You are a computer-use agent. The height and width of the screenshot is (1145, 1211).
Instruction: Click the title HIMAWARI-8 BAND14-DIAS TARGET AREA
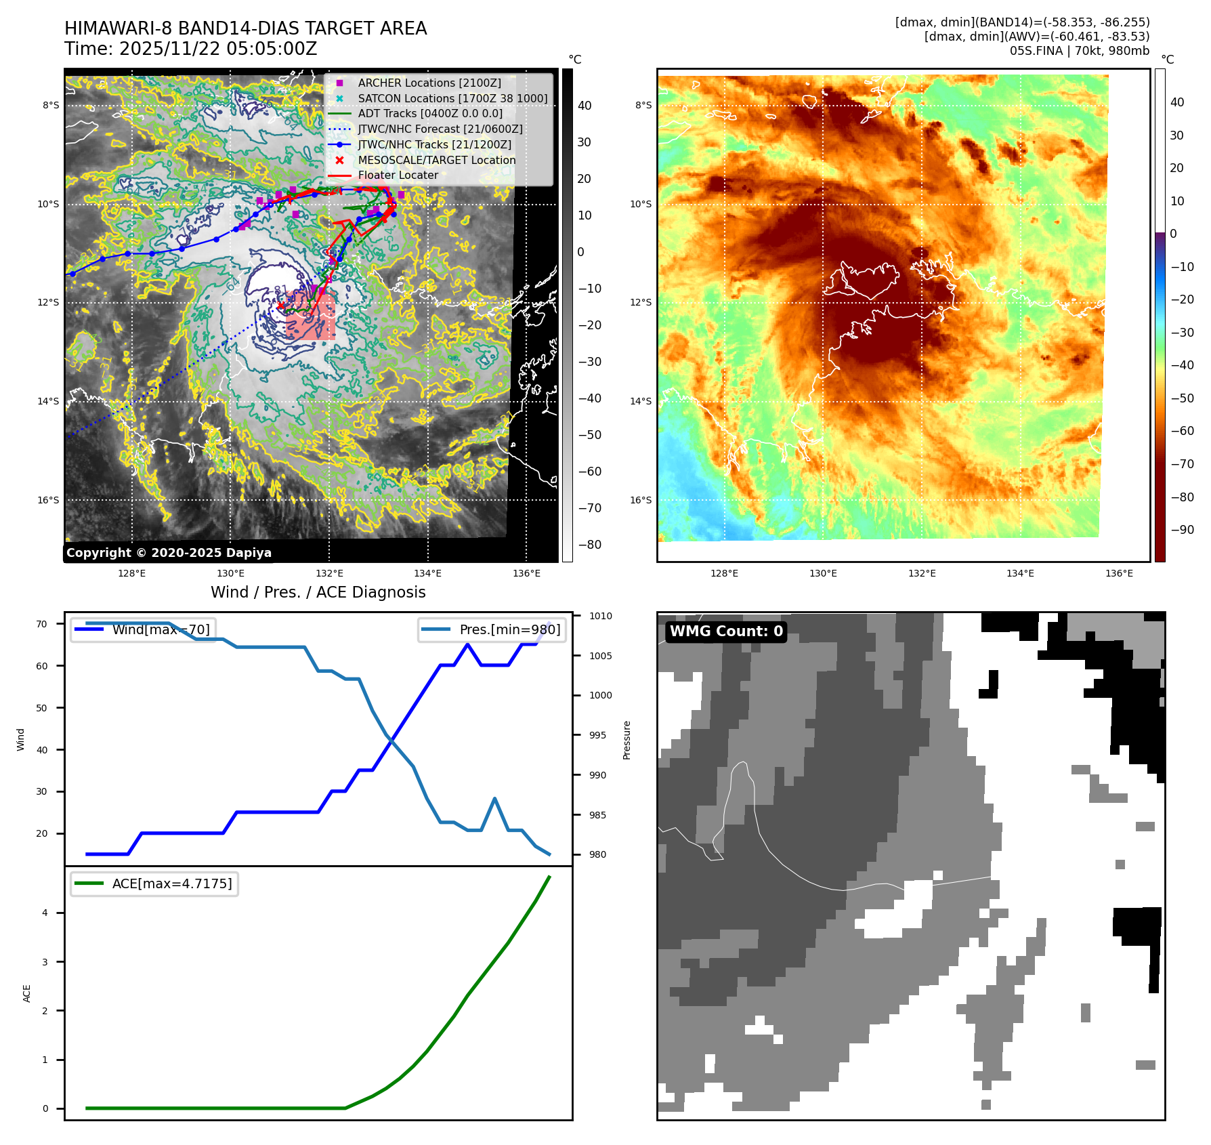click(x=245, y=28)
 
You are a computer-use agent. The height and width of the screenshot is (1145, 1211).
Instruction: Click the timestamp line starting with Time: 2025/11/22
click(x=190, y=49)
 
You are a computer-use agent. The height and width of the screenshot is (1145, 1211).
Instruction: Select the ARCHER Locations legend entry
click(x=429, y=83)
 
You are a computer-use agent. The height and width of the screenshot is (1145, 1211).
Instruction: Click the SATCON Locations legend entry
click(x=452, y=98)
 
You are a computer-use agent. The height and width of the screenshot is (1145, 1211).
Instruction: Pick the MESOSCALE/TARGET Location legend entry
click(x=436, y=160)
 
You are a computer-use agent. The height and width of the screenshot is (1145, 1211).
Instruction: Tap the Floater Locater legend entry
click(x=398, y=175)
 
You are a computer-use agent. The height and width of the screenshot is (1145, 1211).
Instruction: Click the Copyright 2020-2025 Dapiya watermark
click(x=169, y=553)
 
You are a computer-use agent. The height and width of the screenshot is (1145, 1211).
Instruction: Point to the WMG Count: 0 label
click(x=726, y=631)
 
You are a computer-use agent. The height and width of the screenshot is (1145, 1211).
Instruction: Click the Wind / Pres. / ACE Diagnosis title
click(x=318, y=592)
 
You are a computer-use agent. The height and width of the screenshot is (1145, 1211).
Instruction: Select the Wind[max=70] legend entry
click(x=161, y=629)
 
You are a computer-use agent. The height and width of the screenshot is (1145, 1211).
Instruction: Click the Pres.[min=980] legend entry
click(x=509, y=629)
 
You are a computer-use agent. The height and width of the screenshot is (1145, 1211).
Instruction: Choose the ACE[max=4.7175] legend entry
click(x=171, y=883)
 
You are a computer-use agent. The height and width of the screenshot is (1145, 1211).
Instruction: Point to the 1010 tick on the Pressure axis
click(x=600, y=616)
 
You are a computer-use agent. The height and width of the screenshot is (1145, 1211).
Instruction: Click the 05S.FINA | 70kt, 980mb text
click(x=1079, y=51)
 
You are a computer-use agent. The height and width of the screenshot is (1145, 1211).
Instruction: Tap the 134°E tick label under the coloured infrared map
click(x=1020, y=573)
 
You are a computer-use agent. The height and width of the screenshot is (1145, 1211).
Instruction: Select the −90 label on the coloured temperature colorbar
click(x=1182, y=530)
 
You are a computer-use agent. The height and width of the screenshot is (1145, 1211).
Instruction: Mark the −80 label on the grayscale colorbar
click(x=589, y=545)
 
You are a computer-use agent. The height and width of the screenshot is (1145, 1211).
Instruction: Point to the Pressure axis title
click(x=627, y=740)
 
